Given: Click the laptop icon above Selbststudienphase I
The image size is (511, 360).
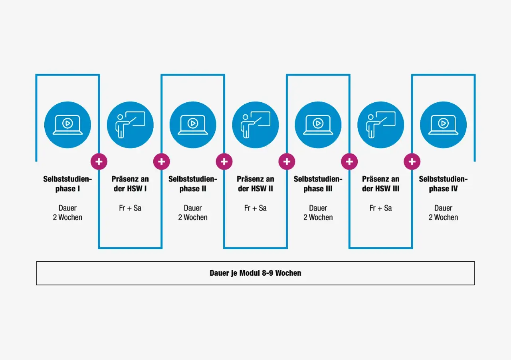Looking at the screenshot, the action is (x=67, y=125).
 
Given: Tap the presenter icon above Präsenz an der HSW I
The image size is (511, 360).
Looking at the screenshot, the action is (x=130, y=125).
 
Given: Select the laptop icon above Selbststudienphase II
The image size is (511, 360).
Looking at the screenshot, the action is (x=193, y=125).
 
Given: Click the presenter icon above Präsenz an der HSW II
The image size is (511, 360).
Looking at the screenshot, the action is (x=255, y=125).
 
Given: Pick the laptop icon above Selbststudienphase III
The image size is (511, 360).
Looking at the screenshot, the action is (x=318, y=125).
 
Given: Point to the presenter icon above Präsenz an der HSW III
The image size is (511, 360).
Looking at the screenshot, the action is (x=381, y=125).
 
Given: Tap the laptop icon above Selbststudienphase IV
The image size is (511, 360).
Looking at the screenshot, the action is (x=443, y=125).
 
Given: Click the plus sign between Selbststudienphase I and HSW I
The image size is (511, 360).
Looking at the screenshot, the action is (x=99, y=162).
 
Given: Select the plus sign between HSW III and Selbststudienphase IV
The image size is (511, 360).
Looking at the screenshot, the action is (x=412, y=162).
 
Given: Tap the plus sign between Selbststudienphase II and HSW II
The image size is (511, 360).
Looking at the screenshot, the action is (x=224, y=162).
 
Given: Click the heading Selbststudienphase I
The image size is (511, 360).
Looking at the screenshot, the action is (x=67, y=184).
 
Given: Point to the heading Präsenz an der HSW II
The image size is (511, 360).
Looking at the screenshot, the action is (x=255, y=184).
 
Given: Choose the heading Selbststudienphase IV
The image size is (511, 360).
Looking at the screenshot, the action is (x=443, y=184).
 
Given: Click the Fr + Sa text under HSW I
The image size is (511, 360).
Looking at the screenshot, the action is (x=130, y=208).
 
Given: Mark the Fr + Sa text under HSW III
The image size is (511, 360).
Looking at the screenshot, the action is (x=381, y=208).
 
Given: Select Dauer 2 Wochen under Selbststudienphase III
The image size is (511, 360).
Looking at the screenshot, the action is (x=318, y=213).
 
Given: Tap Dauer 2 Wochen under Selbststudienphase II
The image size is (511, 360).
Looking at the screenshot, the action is (x=193, y=213).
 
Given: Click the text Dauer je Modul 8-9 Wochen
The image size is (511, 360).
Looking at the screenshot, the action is (x=255, y=273).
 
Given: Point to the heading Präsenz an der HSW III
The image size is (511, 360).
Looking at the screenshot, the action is (x=381, y=184).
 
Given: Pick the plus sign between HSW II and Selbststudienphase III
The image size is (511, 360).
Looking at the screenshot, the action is (x=287, y=162).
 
